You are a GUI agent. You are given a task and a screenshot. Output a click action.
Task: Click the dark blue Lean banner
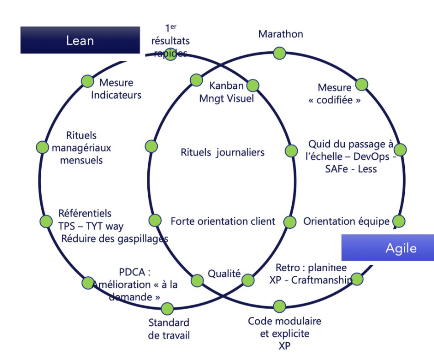tap(80, 40)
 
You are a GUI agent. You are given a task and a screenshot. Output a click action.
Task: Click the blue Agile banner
tap(387, 247)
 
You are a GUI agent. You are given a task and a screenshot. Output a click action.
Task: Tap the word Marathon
tap(280, 34)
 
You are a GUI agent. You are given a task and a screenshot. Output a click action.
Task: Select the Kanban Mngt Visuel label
tap(226, 92)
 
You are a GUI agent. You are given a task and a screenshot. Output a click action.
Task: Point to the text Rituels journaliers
tap(222, 152)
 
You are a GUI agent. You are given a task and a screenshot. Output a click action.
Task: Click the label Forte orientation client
tap(223, 221)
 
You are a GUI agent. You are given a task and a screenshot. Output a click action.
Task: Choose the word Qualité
tap(224, 274)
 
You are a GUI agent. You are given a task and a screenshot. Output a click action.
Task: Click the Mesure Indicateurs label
tap(116, 89)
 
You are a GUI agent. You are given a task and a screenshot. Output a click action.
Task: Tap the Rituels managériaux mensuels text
tap(81, 148)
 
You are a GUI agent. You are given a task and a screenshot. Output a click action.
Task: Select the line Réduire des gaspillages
tap(114, 238)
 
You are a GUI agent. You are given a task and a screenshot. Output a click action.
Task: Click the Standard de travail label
tap(169, 328)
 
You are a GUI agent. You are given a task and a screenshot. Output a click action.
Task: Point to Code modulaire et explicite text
tap(284, 327)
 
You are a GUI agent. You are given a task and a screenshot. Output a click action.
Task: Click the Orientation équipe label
tap(346, 221)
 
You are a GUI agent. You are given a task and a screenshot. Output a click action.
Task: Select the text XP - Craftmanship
tap(311, 280)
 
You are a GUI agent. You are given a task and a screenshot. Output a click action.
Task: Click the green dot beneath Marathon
tap(279, 54)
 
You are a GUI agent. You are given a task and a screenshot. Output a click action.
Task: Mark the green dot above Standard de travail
tap(167, 308)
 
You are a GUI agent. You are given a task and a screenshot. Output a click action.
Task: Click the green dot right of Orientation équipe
tap(399, 221)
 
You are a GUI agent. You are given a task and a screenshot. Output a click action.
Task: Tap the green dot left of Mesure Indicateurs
tap(87, 81)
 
